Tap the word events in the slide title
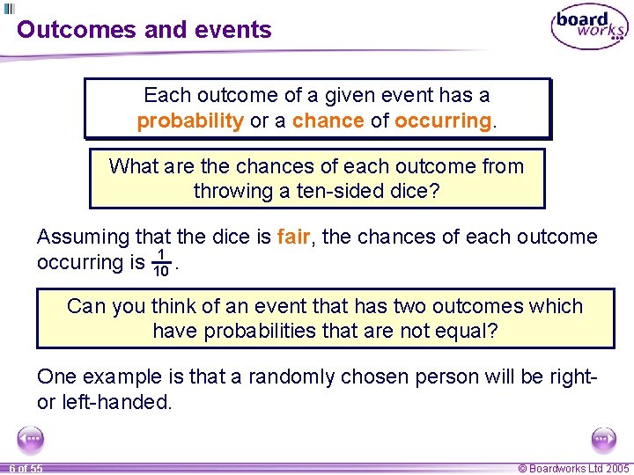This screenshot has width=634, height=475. pyautogui.click(x=230, y=29)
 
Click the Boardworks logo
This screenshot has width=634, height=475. pyautogui.click(x=589, y=27)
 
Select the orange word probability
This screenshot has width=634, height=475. pyautogui.click(x=190, y=121)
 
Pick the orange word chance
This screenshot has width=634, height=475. pyautogui.click(x=328, y=121)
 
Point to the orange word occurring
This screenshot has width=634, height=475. pyautogui.click(x=443, y=121)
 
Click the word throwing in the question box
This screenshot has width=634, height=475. pyautogui.click(x=230, y=191)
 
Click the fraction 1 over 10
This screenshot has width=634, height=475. pyautogui.click(x=161, y=262)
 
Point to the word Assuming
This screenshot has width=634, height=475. pyautogui.click(x=83, y=237)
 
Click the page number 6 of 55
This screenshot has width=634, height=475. pyautogui.click(x=26, y=468)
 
